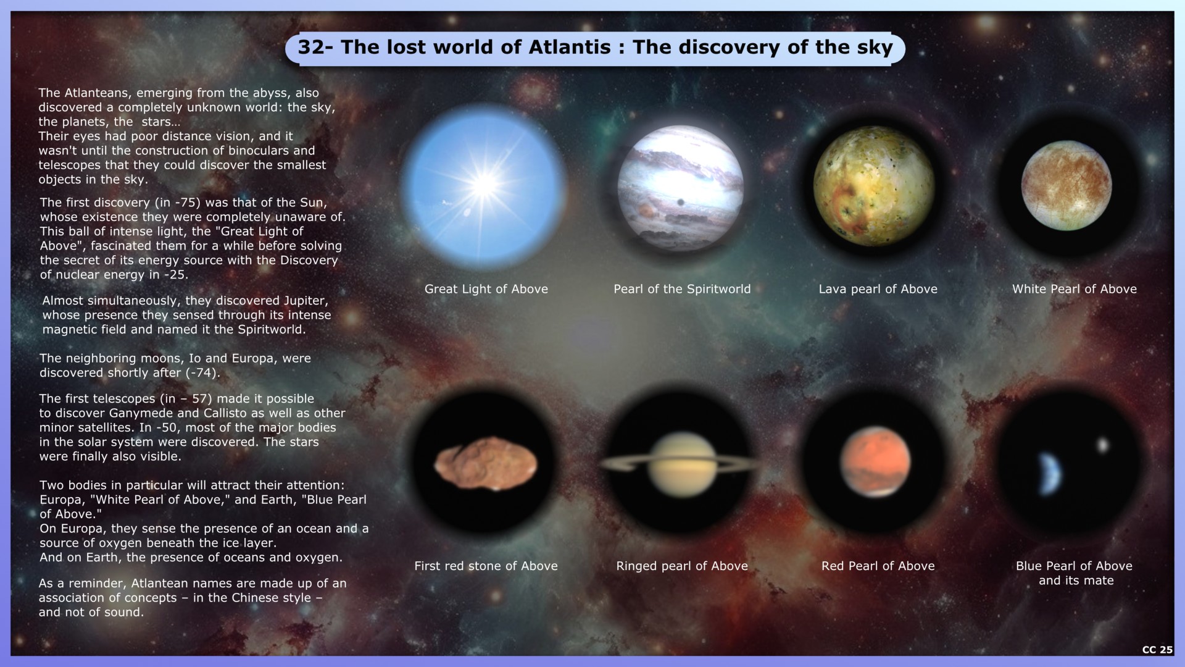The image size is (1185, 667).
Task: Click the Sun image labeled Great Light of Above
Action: point(484,183)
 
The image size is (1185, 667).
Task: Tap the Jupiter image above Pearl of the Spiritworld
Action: point(681,187)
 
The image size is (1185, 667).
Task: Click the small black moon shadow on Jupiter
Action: point(681,203)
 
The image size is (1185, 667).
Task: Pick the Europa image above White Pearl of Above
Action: point(1066,185)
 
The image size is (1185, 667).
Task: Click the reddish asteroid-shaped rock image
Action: point(486,464)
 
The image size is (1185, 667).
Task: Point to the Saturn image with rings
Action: point(680,465)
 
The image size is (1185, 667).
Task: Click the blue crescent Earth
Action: point(1050,474)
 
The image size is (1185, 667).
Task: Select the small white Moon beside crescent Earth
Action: point(1102,445)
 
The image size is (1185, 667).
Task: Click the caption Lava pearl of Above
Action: point(878,289)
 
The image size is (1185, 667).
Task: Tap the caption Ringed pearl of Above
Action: point(682,566)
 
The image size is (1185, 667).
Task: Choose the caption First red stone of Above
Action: point(486,566)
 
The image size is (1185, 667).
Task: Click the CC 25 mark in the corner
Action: point(1157,650)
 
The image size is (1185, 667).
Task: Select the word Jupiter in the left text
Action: point(306,301)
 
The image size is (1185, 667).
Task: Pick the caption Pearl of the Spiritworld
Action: point(682,289)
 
